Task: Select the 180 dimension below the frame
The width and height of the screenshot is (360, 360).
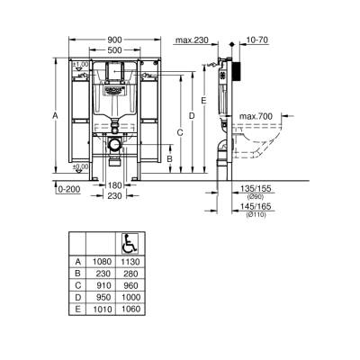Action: [x=114, y=185]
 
